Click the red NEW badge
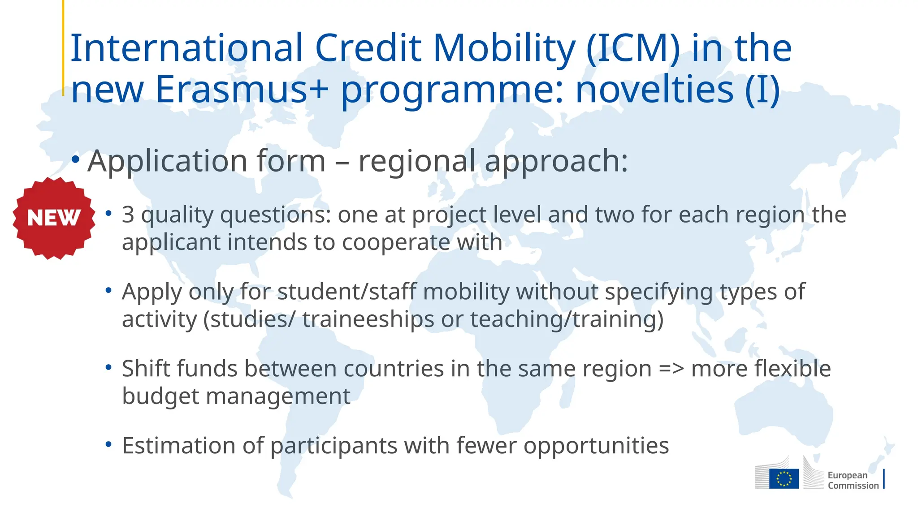(x=54, y=218)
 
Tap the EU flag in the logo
(x=784, y=478)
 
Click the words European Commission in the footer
(x=853, y=480)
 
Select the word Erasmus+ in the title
(x=242, y=89)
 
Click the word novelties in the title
(x=654, y=89)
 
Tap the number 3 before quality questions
(x=128, y=215)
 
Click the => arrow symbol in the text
(x=671, y=369)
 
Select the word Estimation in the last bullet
(x=179, y=446)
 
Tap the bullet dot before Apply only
(x=108, y=291)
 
